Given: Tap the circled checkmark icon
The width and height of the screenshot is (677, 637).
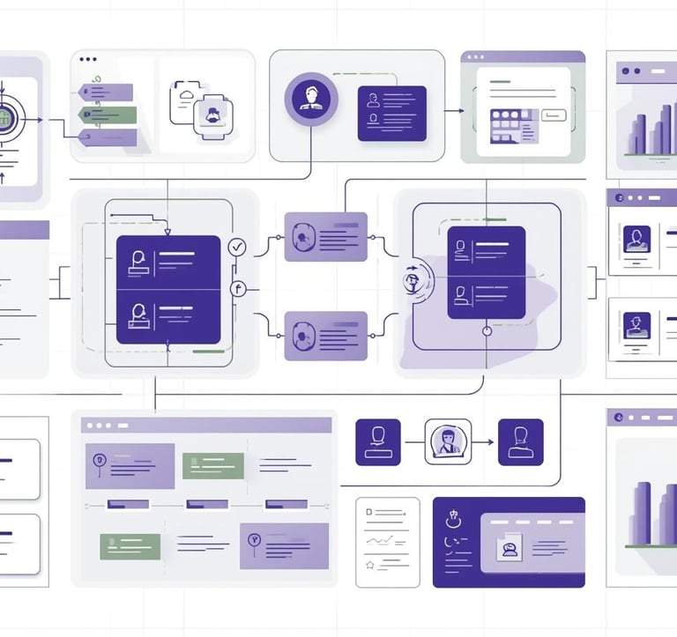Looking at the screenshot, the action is point(236,247).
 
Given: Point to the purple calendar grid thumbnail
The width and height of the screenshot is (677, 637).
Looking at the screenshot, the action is point(507,125).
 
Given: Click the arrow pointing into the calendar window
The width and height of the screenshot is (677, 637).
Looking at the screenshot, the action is point(455,112).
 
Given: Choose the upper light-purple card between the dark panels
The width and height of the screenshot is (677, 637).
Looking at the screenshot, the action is point(325,236).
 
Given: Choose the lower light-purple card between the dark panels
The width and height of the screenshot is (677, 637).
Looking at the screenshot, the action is point(325,335).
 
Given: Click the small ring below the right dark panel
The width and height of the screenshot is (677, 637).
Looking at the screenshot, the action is point(486,331).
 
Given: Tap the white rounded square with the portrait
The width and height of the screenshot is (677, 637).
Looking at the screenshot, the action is point(448,441).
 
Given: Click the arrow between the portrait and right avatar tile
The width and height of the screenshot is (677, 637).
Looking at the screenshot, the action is point(484,441).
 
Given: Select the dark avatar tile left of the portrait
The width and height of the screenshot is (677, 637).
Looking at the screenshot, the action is point(377,441).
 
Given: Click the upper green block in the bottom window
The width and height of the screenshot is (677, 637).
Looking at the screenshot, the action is point(212,465).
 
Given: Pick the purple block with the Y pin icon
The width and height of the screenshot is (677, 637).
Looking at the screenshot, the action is point(284,545).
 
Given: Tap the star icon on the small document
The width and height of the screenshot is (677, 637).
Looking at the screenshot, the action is point(370,565).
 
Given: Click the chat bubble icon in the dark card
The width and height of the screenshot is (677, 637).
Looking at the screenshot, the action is point(509,548).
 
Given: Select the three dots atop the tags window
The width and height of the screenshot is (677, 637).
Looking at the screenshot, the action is point(87,60).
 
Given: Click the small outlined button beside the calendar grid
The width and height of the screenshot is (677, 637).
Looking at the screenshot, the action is point(554,114).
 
